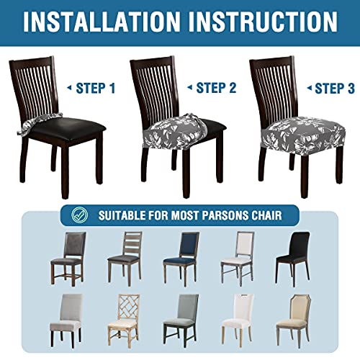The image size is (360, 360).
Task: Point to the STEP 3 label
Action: click(334, 89)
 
